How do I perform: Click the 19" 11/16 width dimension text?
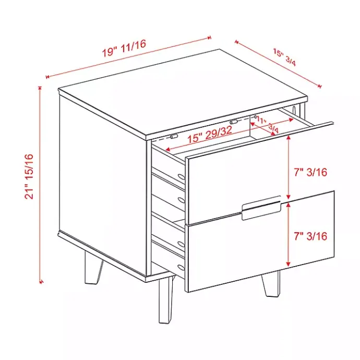click(x=124, y=47)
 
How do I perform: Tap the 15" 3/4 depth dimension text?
click(x=284, y=57)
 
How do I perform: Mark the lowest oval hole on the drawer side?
click(x=181, y=268)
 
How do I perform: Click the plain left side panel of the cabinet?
click(x=102, y=183)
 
